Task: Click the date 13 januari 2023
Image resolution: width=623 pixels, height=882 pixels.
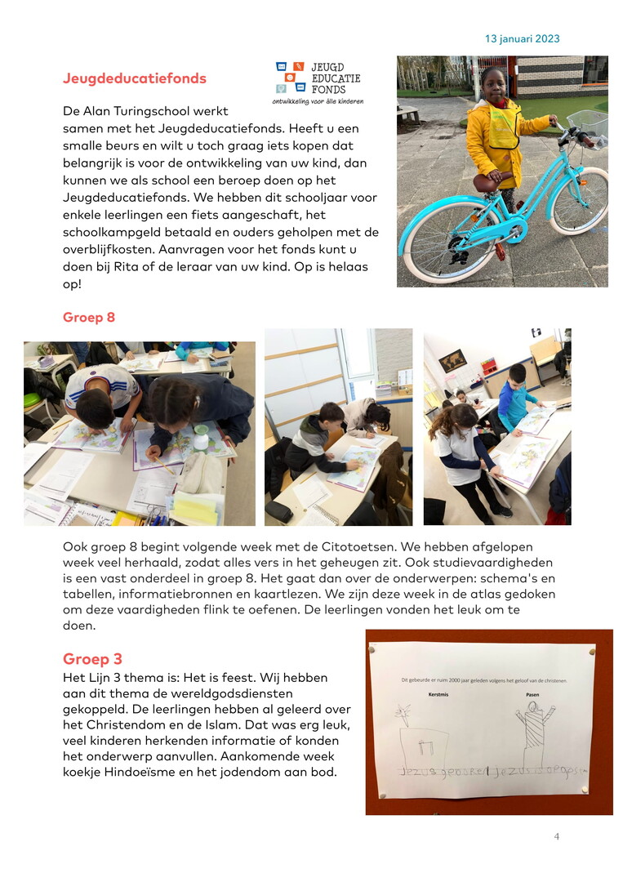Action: (x=522, y=38)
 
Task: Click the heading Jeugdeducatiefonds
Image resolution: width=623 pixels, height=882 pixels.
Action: (x=135, y=78)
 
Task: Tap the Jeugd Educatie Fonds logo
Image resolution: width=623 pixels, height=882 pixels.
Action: (x=318, y=82)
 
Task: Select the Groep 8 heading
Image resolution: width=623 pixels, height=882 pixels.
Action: (x=89, y=317)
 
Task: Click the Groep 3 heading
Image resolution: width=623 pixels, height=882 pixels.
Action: (x=92, y=658)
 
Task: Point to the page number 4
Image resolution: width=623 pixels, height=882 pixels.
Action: (x=557, y=836)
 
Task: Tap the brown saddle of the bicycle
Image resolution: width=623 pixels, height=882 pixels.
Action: (x=492, y=181)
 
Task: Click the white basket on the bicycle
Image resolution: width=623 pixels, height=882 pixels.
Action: (x=590, y=125)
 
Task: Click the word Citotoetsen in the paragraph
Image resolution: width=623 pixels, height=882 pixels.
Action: (x=351, y=545)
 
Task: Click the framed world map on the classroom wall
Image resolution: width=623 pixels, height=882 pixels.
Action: (x=452, y=360)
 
